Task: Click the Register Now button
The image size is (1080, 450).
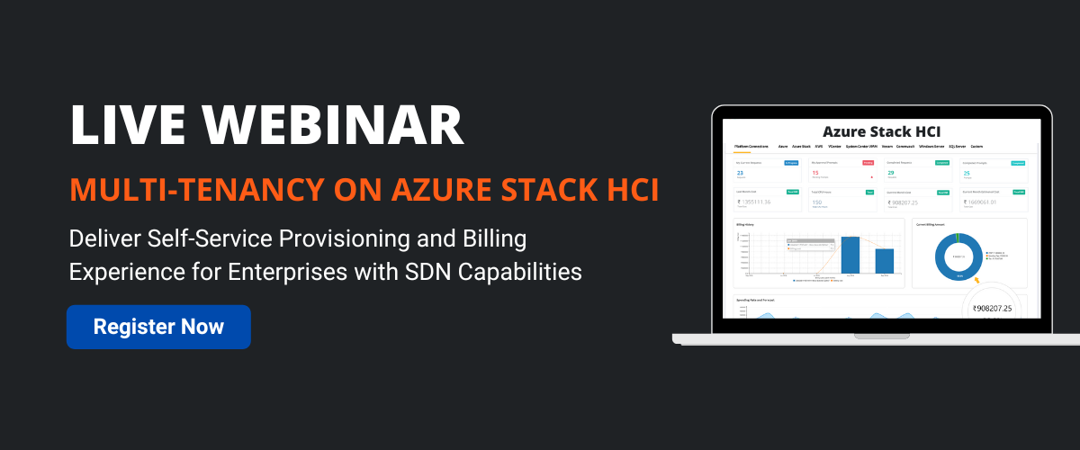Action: (x=158, y=326)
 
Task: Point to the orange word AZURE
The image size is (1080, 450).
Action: (x=438, y=191)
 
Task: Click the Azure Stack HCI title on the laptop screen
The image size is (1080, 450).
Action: (x=881, y=131)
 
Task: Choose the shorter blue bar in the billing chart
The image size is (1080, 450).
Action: (x=884, y=260)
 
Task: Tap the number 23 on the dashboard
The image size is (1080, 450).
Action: (x=741, y=173)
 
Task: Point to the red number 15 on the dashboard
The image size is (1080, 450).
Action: (x=816, y=173)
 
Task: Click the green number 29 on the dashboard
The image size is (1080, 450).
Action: (x=891, y=173)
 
